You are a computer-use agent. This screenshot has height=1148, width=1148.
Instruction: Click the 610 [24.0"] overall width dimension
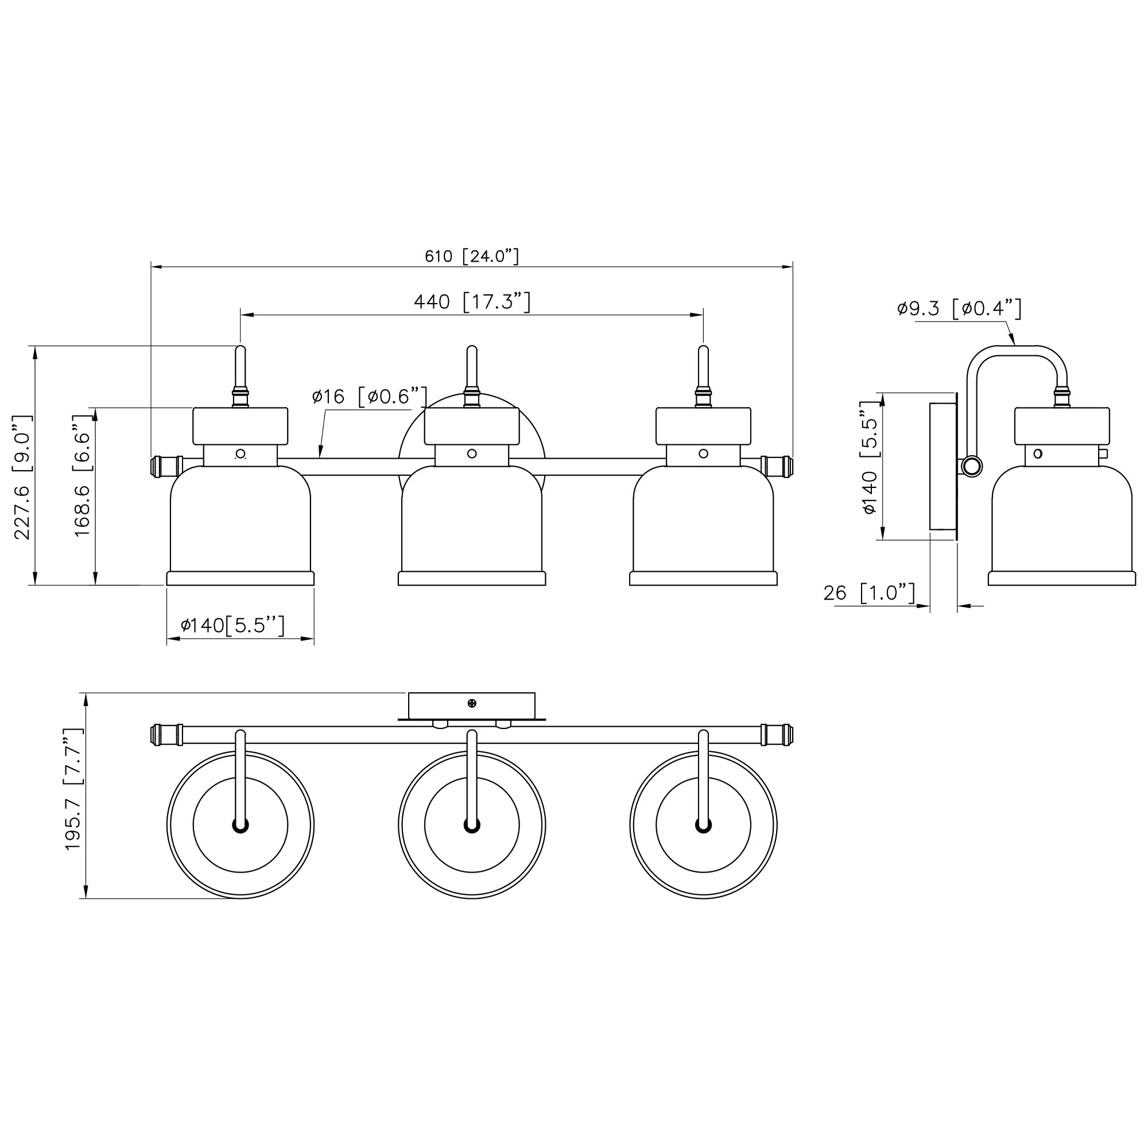[472, 256]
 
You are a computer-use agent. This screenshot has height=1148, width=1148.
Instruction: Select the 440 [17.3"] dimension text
[472, 302]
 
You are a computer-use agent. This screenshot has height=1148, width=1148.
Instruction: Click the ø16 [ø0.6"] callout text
[370, 396]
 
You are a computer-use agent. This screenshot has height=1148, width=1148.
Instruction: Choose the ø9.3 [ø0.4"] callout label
[959, 308]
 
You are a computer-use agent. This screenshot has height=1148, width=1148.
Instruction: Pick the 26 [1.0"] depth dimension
[869, 592]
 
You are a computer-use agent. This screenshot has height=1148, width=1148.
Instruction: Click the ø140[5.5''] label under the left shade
[233, 625]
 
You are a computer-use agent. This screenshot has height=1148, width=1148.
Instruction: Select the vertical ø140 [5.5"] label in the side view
[868, 458]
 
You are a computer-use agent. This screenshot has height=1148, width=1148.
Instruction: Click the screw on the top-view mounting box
[472, 704]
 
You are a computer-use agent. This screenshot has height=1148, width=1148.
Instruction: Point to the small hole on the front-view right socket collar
[704, 454]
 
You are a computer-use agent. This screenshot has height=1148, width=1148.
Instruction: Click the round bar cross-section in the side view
[972, 466]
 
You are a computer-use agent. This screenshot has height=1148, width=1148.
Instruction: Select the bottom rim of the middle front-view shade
[472, 579]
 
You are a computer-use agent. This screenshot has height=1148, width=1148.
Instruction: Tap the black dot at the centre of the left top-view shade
[241, 825]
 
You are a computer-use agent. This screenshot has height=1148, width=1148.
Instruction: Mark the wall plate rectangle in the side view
[943, 466]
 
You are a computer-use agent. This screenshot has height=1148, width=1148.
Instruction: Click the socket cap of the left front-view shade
[241, 426]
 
